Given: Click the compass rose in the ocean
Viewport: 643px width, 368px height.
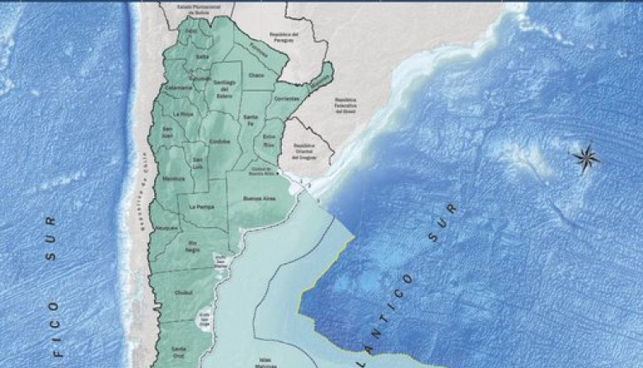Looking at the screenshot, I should coord(587,157).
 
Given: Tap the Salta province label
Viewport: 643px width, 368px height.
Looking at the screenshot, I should coord(203,56).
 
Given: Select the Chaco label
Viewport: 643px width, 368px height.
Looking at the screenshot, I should coord(256,75).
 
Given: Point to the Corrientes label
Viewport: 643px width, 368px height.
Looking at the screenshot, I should coord(287,98).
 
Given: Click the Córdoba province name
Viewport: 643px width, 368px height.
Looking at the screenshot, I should coord(219,141).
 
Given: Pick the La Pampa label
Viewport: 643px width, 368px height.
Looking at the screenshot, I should coord(201,206).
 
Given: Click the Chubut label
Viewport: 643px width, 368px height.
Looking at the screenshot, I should coord(184,291).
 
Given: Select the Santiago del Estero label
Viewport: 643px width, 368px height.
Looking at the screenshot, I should coord(225,87).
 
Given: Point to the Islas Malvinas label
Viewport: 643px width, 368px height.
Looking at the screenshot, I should coord(266,364).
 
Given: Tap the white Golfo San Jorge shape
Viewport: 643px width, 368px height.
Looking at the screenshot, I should coord(204,317).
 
